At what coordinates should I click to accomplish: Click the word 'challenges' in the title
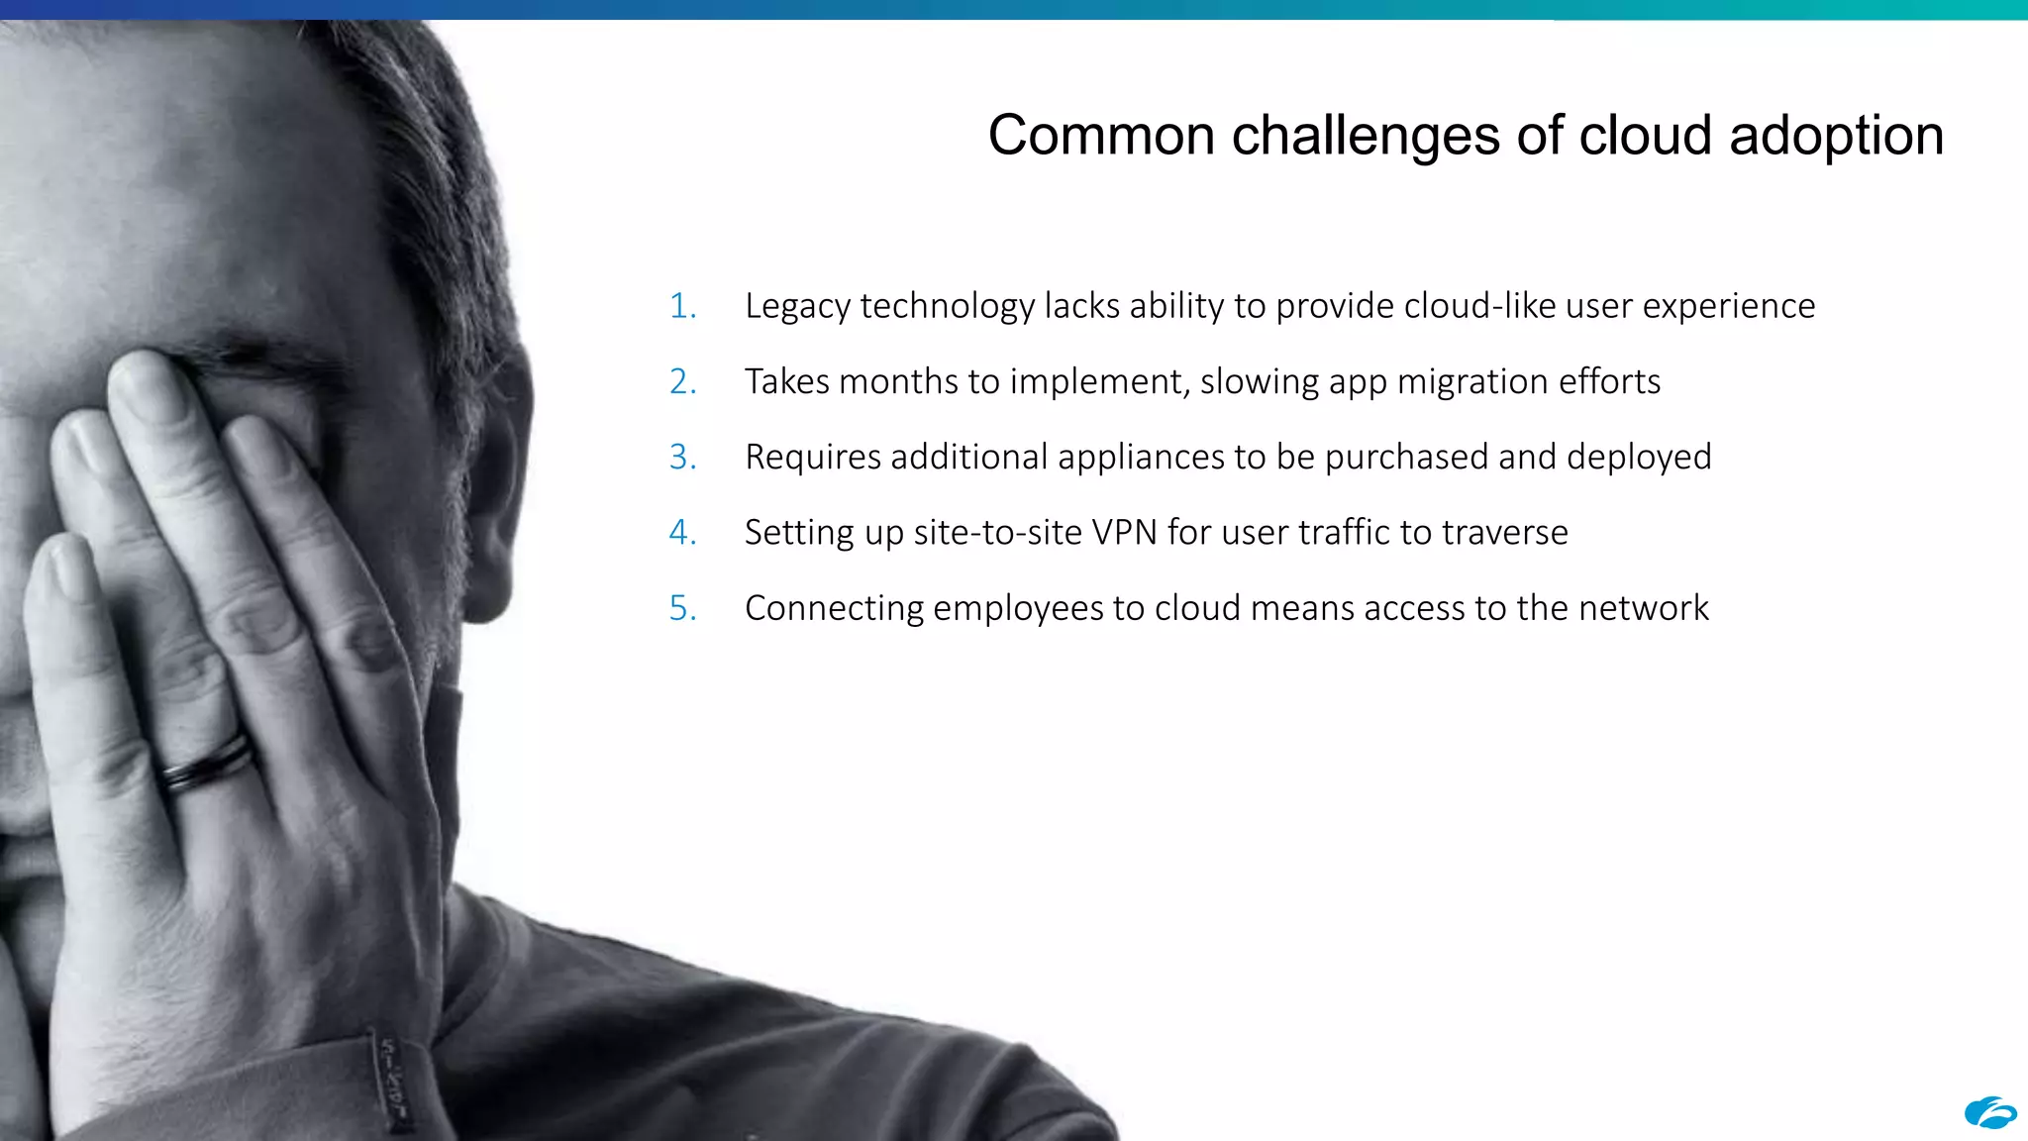[x=1365, y=136]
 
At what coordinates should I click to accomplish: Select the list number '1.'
[x=682, y=306]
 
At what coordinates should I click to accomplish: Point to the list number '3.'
[x=682, y=457]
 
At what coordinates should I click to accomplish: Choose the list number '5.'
[x=682, y=608]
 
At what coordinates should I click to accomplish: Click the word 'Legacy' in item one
[x=798, y=306]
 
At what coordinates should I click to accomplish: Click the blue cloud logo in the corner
[x=1990, y=1113]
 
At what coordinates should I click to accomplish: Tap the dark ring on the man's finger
[x=208, y=763]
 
